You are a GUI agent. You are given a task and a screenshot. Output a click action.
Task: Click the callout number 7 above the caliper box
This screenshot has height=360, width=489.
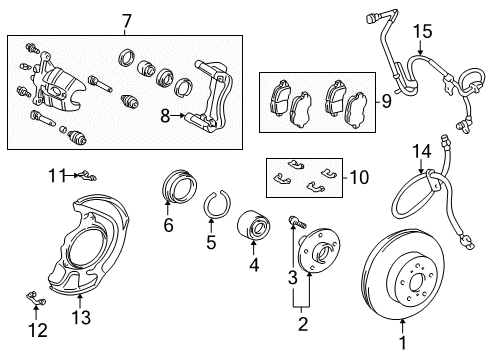tap(127, 21)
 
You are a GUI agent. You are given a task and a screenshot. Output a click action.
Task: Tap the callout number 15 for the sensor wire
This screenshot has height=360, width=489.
tap(423, 31)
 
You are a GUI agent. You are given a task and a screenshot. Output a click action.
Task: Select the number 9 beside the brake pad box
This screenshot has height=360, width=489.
tap(386, 100)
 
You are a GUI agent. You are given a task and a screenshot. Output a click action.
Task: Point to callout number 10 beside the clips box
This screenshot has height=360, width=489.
tap(359, 177)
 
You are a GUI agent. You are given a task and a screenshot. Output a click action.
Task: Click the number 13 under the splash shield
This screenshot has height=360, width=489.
tap(81, 317)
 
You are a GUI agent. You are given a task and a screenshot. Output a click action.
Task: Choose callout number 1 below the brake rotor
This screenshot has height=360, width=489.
tap(403, 342)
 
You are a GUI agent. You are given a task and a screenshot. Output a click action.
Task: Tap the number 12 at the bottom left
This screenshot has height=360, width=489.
tap(38, 330)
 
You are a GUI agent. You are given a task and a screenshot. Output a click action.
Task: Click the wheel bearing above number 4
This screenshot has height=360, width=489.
tap(253, 225)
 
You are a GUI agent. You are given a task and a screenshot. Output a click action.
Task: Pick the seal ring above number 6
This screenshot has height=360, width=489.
tap(180, 187)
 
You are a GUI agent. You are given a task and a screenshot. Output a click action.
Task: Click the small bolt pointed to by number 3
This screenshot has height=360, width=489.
tap(297, 221)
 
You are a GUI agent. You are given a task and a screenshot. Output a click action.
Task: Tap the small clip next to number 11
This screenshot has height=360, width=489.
tap(86, 175)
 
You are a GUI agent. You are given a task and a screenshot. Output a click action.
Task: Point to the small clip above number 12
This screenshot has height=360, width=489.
tap(36, 297)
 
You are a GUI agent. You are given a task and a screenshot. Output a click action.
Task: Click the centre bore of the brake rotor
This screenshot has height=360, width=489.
tap(416, 283)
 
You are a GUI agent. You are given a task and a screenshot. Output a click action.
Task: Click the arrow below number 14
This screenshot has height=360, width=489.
tap(421, 166)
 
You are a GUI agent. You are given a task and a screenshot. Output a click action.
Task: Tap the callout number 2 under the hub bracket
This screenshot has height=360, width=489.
tap(303, 324)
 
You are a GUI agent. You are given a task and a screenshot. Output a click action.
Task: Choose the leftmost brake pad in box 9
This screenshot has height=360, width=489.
tap(280, 97)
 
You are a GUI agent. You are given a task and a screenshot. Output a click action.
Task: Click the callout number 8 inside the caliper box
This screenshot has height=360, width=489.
tap(165, 116)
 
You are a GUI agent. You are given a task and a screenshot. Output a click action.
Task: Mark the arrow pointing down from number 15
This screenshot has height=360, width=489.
tap(421, 47)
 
